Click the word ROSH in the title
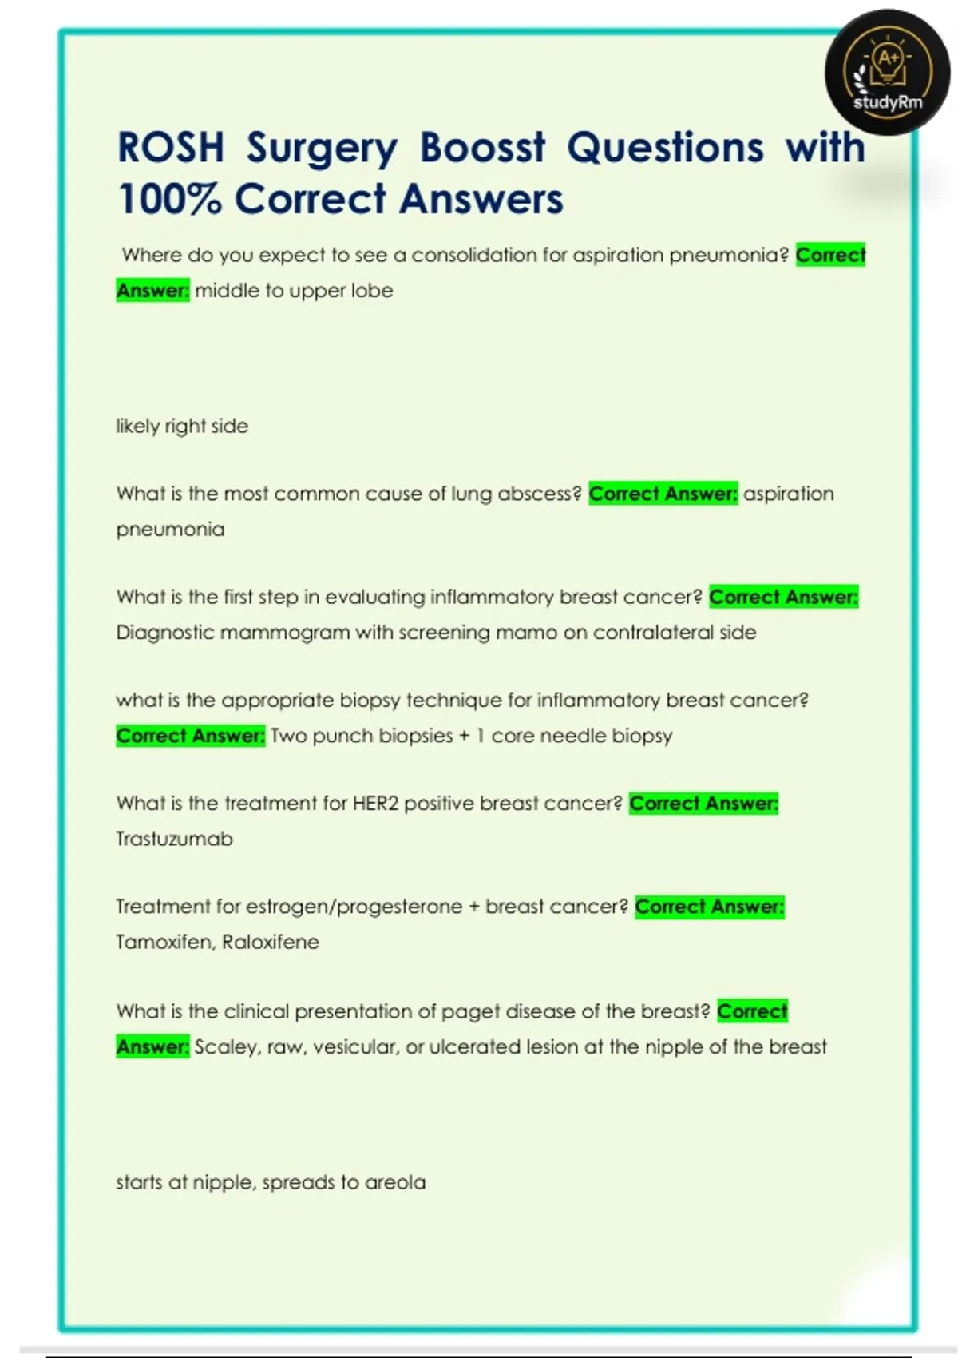pos(170,149)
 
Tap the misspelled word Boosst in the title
pos(482,149)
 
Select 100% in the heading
pos(168,200)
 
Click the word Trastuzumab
pos(174,839)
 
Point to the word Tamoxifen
pos(164,942)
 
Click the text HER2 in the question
pos(375,803)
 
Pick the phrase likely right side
pos(182,426)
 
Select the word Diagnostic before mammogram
pos(164,633)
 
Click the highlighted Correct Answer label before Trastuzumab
pos(703,803)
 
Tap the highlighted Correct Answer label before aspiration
pos(663,494)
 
